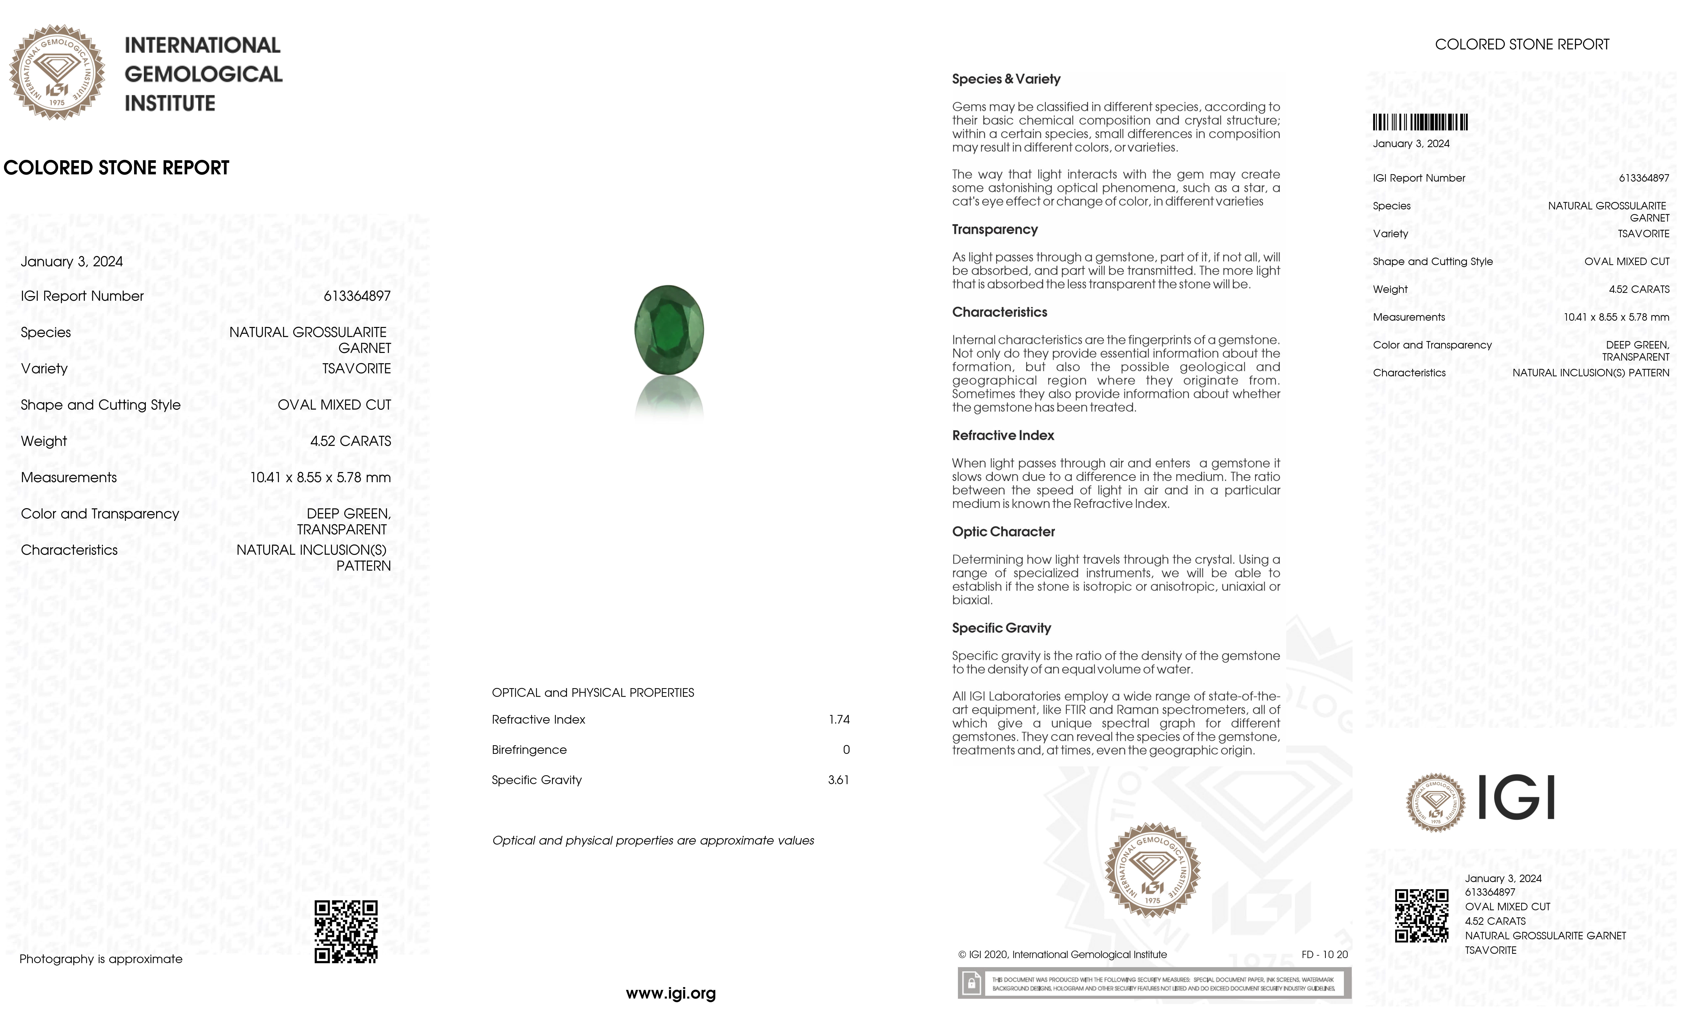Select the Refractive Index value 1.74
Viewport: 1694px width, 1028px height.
tap(839, 719)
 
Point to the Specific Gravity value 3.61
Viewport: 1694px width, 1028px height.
tap(838, 780)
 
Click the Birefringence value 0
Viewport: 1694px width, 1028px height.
tap(846, 750)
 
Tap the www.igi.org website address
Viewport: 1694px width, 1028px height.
tap(670, 993)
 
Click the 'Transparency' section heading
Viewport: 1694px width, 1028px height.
tap(994, 230)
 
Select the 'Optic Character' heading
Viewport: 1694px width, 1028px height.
tap(1003, 532)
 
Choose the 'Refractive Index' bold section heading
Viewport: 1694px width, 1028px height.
tap(1002, 436)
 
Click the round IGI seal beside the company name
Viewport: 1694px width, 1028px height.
tap(57, 72)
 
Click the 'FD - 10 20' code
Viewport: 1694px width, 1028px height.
tap(1324, 954)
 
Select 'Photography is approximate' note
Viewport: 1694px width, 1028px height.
tap(101, 959)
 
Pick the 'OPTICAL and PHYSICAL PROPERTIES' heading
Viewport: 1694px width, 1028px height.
tap(593, 693)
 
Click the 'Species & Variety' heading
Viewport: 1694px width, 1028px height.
tap(1006, 79)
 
